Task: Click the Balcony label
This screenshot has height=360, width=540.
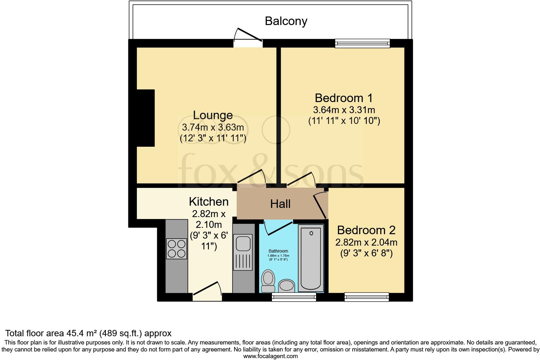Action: (286, 21)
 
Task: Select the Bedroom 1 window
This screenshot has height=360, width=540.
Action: (362, 43)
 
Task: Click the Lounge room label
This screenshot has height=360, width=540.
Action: (213, 115)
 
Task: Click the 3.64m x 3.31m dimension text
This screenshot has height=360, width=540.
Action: (344, 110)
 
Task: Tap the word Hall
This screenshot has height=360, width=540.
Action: (280, 204)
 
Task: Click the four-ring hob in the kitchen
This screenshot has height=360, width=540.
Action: (177, 249)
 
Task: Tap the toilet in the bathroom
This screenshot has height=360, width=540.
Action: (268, 280)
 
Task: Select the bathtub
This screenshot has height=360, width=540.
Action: (311, 257)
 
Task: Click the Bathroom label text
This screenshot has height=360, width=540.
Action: (279, 251)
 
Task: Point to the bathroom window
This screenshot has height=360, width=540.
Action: (294, 297)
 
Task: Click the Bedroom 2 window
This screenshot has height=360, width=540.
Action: (367, 297)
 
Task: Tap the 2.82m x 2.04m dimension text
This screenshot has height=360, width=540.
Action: (366, 242)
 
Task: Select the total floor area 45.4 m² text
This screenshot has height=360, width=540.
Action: (88, 333)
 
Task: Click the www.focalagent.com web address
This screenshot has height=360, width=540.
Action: (270, 356)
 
